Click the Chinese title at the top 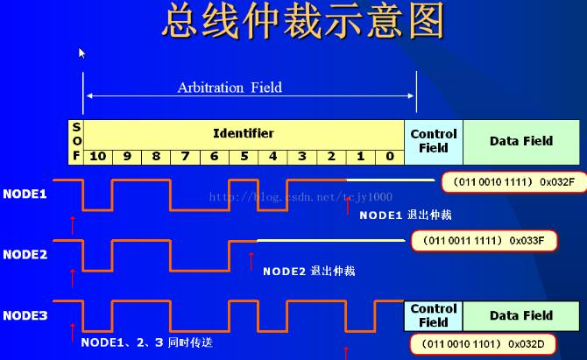point(302,21)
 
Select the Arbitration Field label point(230,88)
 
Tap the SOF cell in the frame point(76,141)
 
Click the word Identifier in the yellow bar point(243,133)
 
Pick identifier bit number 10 point(97,156)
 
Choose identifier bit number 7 point(185,156)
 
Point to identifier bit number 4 point(272,156)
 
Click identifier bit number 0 point(389,156)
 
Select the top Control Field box point(434,141)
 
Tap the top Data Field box point(521,141)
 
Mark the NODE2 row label point(25,254)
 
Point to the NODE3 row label point(25,314)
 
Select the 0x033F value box point(484,240)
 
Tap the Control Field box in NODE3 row point(434,315)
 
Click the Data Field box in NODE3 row point(521,315)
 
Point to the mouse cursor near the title point(81,53)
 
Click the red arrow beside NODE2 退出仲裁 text point(251,261)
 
